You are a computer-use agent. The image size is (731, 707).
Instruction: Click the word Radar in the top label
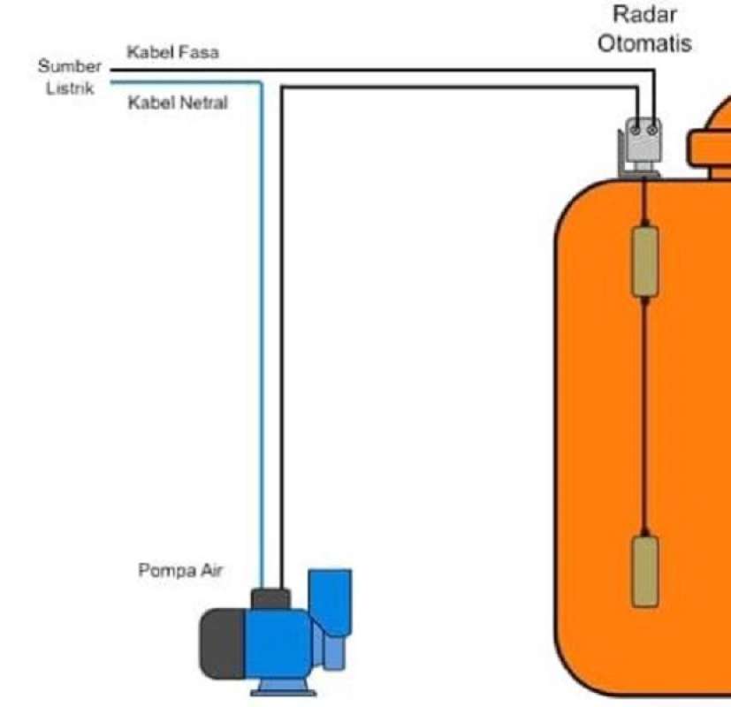[x=644, y=15]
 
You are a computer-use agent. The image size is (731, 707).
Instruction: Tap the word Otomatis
[x=644, y=43]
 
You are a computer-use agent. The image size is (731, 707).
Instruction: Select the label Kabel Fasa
[x=173, y=52]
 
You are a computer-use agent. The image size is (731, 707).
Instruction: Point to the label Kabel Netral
[x=178, y=103]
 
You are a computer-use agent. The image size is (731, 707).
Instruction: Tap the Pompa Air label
[x=181, y=571]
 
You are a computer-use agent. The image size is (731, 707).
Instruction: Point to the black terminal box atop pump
[x=270, y=598]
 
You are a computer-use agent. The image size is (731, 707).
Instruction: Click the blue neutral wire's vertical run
[x=262, y=353]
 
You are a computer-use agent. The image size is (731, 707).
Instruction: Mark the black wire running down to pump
[x=281, y=353]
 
